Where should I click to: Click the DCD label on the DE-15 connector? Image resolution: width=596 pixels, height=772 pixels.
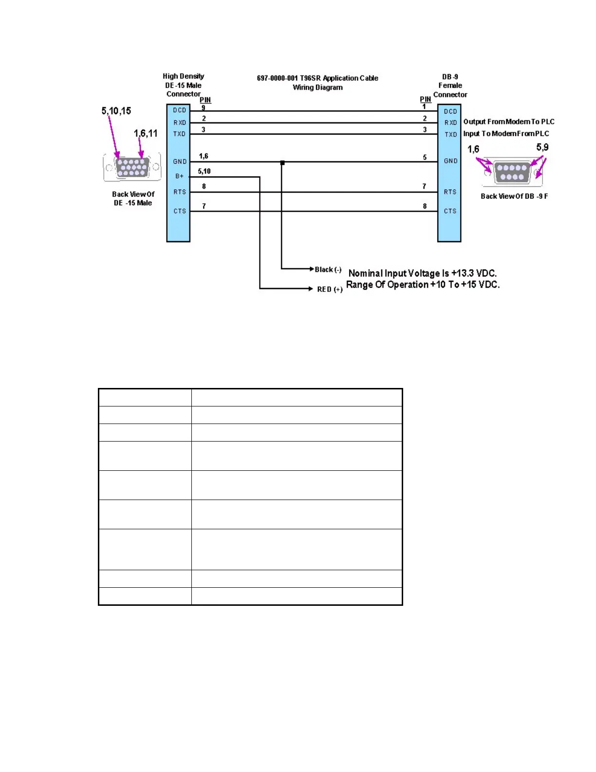click(179, 111)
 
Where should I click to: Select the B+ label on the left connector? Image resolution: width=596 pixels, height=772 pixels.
click(179, 176)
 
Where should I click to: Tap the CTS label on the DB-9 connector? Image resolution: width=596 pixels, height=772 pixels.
click(450, 212)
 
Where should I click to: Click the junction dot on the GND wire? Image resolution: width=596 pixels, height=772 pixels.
click(282, 163)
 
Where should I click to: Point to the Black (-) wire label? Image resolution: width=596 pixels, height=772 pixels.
click(328, 270)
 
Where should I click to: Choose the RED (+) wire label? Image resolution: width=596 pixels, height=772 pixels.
click(330, 289)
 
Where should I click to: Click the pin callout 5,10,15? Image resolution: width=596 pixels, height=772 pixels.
click(116, 111)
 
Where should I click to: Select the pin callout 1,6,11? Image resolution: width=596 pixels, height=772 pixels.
click(146, 134)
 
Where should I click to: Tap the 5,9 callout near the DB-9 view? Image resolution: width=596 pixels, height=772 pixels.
click(542, 147)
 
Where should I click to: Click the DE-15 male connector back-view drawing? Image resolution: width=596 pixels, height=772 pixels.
click(132, 167)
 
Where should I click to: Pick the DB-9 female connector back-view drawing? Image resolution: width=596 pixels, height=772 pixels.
click(512, 172)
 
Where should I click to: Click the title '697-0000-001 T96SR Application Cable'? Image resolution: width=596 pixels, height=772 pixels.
click(317, 78)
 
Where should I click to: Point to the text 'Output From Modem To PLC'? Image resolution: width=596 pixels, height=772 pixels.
click(509, 122)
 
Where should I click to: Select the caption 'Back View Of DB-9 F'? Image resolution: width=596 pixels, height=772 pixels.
click(514, 196)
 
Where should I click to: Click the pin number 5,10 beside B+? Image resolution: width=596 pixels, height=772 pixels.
click(204, 172)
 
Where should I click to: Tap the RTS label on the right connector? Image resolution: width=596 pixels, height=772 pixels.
click(450, 192)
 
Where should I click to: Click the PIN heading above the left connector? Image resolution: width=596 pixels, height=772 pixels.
click(205, 100)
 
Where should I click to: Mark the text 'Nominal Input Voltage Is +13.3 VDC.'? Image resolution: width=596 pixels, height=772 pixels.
click(423, 273)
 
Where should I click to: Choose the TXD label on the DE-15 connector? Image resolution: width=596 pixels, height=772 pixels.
click(179, 134)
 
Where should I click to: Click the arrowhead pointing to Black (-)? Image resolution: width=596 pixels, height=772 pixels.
click(312, 269)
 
